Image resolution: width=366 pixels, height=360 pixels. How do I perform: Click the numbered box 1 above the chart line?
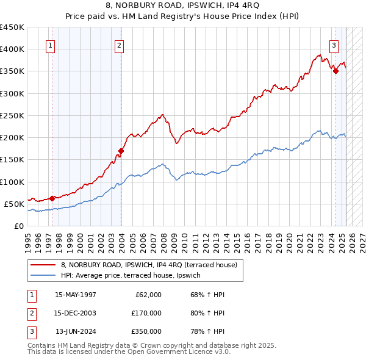coord(50,45)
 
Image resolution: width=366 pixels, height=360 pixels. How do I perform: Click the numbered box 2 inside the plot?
coord(120,45)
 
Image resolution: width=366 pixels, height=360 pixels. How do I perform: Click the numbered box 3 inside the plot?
coord(334,45)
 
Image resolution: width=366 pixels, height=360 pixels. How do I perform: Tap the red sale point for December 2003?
coord(121,151)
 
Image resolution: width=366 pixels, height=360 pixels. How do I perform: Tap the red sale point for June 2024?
coord(335,71)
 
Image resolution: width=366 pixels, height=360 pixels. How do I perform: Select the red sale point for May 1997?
coord(52,198)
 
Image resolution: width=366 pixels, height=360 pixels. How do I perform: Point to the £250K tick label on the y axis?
coord(12,115)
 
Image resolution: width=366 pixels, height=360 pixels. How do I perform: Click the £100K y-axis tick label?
coord(12,182)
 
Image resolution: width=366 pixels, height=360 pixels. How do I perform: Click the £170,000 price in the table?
coord(146,313)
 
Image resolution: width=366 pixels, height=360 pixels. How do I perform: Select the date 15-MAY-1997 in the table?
coord(75,295)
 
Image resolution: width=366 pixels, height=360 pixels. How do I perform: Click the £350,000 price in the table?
coord(146,331)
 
